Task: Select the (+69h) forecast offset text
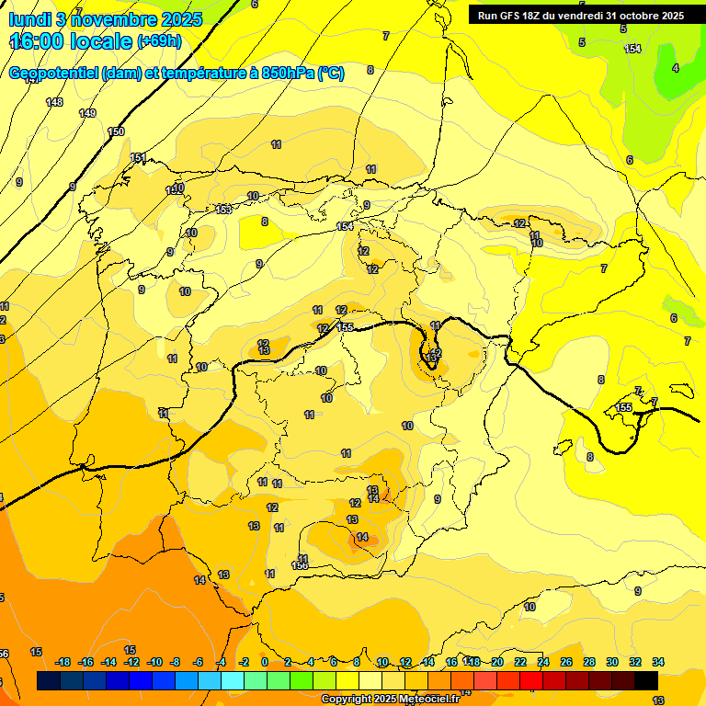pos(159,41)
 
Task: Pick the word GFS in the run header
pos(509,16)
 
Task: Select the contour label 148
pos(55,102)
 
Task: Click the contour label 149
pos(87,113)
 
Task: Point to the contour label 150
pos(116,131)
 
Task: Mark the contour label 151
pos(138,158)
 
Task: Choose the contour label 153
pos(223,210)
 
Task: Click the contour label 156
pos(300,565)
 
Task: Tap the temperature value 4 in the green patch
pos(675,68)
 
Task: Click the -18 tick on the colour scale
pos(63,662)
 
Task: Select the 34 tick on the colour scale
pos(658,662)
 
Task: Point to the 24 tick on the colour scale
pos(543,662)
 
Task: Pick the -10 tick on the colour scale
pos(154,662)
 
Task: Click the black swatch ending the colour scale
pos(646,680)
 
